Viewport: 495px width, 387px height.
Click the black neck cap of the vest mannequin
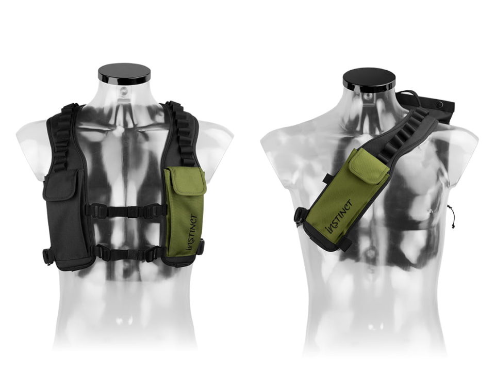point(124,74)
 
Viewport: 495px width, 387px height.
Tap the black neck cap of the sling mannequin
point(369,79)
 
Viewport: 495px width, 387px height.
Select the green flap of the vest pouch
point(186,181)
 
